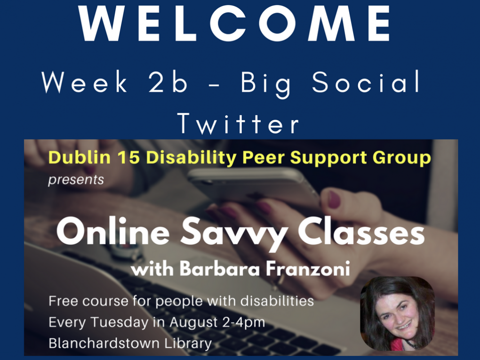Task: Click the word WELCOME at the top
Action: coord(235,23)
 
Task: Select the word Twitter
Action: coord(238,123)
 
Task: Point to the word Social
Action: coord(366,81)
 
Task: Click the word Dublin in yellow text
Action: coord(79,157)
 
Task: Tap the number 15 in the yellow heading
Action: coord(128,157)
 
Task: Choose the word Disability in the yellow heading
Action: coord(191,158)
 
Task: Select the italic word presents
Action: coord(76,180)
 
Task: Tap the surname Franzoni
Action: coord(308,269)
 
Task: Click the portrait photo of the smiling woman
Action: coord(397,313)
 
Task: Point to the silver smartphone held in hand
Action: coord(254,187)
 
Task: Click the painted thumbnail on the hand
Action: coord(334,199)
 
